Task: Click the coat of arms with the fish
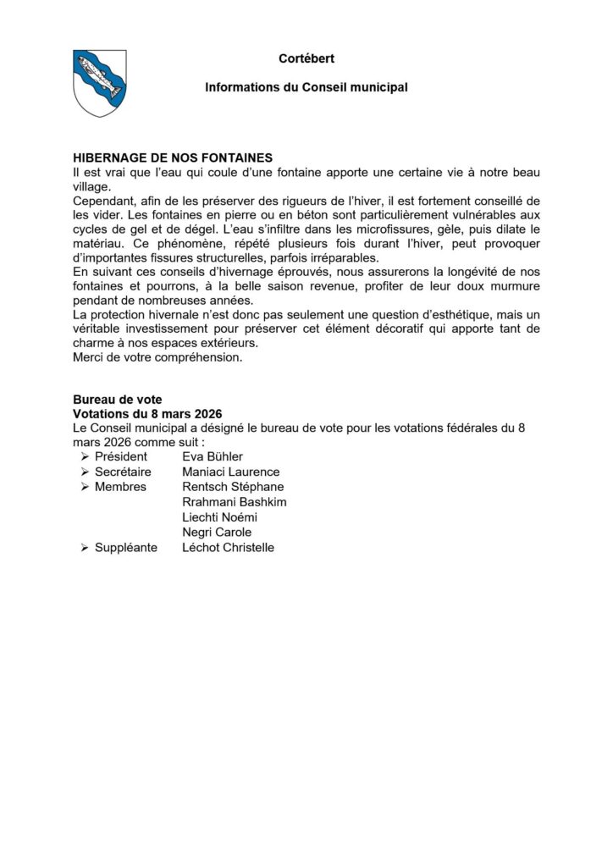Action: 100,82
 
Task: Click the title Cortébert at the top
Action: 306,58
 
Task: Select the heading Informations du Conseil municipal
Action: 306,87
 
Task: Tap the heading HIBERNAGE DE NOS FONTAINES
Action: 172,157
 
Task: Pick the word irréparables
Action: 347,257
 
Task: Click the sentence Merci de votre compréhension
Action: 157,357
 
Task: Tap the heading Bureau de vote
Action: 117,400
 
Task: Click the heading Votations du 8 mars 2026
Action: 147,415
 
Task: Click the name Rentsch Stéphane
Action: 233,487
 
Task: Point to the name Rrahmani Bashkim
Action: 235,502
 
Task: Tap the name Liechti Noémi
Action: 218,516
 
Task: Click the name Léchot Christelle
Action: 228,547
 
